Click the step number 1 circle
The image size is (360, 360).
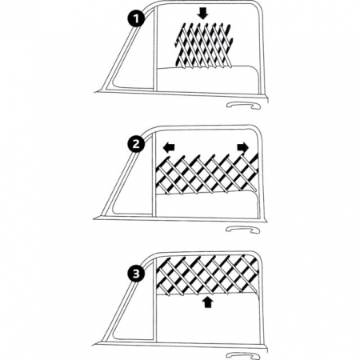click(136, 18)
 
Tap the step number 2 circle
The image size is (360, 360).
click(136, 144)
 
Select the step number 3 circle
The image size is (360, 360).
click(136, 274)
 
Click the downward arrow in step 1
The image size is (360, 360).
click(203, 14)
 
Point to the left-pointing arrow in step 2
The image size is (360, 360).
click(169, 147)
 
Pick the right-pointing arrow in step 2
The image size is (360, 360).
click(243, 147)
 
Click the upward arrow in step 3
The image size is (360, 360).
click(208, 302)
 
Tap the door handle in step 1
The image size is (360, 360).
click(243, 105)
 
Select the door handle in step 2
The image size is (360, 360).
click(242, 230)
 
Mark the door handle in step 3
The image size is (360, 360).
click(242, 355)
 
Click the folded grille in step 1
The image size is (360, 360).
click(204, 45)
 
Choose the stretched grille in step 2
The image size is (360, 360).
click(206, 174)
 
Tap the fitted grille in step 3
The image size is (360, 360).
click(206, 274)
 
